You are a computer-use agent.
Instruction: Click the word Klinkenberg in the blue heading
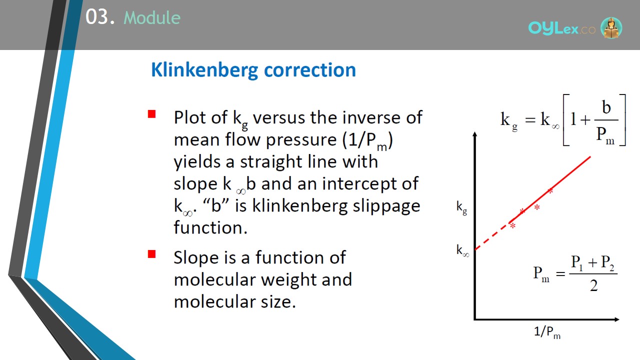[204, 70]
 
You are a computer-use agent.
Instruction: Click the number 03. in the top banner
[100, 17]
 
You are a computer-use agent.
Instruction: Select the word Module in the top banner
[152, 17]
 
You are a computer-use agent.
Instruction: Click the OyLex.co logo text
[561, 28]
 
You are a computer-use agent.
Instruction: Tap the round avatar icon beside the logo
[611, 27]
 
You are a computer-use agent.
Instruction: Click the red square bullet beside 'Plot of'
[151, 114]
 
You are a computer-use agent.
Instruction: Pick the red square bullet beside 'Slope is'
[151, 254]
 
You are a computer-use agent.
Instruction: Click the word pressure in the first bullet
[301, 140]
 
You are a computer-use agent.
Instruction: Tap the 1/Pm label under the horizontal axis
[547, 332]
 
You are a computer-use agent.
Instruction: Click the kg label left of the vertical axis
[461, 207]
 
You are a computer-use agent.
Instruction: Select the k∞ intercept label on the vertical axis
[462, 250]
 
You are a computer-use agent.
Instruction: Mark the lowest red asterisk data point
[513, 226]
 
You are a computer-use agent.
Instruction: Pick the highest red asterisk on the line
[550, 191]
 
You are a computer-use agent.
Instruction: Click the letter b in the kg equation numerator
[606, 107]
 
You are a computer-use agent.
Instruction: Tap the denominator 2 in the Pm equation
[593, 285]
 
